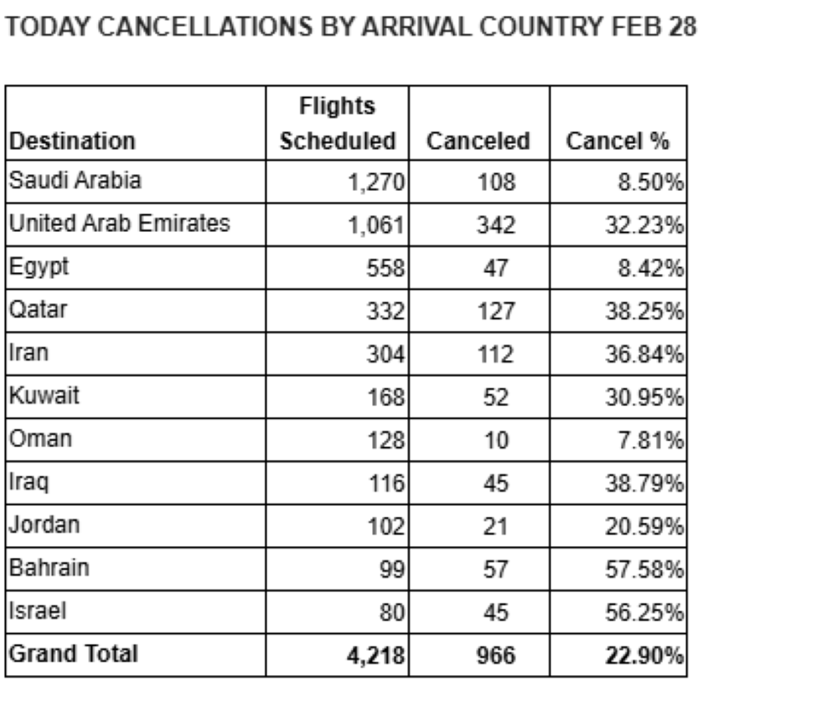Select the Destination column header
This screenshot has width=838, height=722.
tap(72, 141)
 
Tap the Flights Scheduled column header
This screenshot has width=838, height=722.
tap(337, 123)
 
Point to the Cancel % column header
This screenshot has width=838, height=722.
tap(618, 141)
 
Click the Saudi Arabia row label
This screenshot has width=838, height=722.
tap(75, 181)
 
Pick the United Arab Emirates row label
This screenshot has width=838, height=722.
tap(119, 224)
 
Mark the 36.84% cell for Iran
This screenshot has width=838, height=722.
tap(644, 354)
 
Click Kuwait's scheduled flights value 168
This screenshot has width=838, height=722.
tap(386, 397)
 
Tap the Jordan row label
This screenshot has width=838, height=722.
tap(44, 525)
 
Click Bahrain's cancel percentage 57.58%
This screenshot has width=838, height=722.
tap(644, 570)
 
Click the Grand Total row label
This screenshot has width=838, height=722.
tap(73, 653)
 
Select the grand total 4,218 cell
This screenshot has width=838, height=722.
tap(376, 655)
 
